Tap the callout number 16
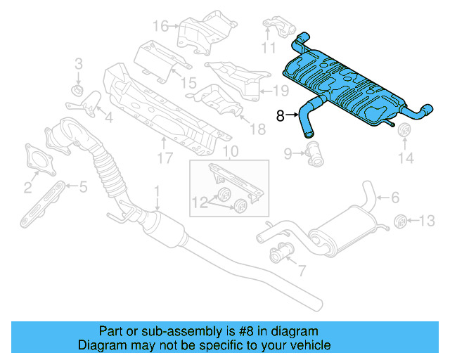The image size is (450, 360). click(x=160, y=27)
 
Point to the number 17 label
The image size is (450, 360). click(x=164, y=159)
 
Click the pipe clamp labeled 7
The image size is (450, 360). click(x=281, y=251)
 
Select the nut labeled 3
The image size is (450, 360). click(x=78, y=91)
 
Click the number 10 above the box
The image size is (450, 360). click(x=230, y=152)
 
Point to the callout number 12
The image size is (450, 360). click(x=200, y=202)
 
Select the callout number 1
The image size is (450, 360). click(x=157, y=190)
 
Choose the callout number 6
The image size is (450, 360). click(x=394, y=198)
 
